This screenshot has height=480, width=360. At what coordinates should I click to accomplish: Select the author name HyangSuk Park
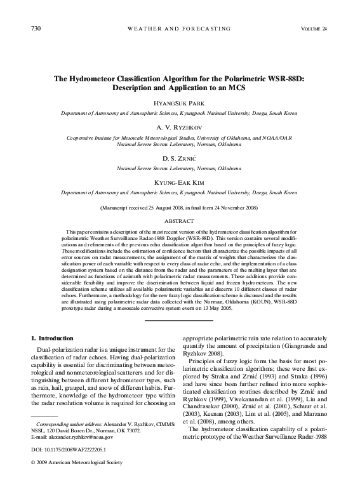(x=180, y=102)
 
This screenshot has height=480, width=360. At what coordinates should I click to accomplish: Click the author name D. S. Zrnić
(x=180, y=157)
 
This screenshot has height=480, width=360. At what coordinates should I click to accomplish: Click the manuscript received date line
(x=180, y=208)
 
